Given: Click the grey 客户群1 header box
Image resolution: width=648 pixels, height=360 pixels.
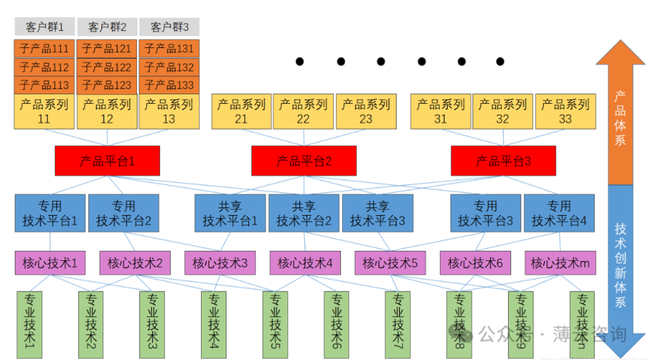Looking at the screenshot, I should [44, 27].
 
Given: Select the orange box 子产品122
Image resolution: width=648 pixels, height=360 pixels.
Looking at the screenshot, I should [107, 67].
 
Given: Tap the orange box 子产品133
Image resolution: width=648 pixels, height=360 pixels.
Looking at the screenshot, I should [169, 85].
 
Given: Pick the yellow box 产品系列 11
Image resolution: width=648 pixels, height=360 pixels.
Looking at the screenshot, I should [44, 111].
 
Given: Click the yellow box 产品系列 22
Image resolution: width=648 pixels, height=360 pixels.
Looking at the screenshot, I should [303, 111].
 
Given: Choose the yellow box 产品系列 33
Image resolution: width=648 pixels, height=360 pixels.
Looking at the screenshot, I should [565, 111].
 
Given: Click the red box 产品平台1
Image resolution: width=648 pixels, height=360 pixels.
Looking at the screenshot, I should [107, 161].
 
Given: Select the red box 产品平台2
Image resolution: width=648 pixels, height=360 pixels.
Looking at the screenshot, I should [304, 161].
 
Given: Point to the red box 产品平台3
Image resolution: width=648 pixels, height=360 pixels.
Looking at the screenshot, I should [503, 161].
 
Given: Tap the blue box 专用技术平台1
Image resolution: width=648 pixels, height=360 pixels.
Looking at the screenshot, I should [50, 213].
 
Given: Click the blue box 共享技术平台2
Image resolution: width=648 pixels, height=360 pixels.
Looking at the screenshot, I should [304, 213].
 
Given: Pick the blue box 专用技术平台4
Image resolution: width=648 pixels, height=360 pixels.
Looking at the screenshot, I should [559, 213].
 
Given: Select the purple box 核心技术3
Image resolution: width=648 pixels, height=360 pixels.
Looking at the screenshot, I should [220, 263].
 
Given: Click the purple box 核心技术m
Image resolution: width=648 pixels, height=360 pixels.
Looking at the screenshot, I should [560, 263].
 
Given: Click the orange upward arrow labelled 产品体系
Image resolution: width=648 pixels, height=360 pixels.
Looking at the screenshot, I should [620, 114].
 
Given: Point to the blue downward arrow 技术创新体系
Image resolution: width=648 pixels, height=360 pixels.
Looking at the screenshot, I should [620, 264].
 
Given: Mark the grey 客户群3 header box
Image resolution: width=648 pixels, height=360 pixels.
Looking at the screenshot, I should [169, 27].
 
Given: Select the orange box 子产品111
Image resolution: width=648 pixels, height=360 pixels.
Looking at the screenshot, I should [44, 49].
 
